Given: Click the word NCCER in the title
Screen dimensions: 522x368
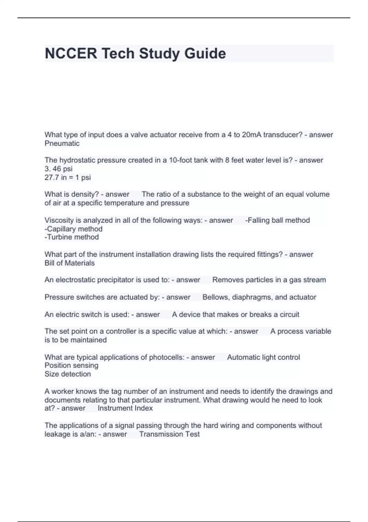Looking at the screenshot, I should (71, 53).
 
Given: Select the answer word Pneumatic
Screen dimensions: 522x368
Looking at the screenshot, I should (62, 143).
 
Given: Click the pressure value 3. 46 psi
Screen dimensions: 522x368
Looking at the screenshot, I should (59, 169).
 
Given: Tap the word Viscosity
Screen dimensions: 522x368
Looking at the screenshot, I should (59, 220).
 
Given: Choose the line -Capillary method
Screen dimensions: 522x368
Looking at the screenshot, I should (74, 229).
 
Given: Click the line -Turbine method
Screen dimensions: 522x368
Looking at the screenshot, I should (72, 237).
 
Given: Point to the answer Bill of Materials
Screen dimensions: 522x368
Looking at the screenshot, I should (70, 263).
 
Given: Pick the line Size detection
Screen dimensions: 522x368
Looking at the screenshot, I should (68, 374).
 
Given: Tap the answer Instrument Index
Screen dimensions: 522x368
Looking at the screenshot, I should (125, 408).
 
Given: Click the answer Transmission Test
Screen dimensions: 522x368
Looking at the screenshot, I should (169, 434).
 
